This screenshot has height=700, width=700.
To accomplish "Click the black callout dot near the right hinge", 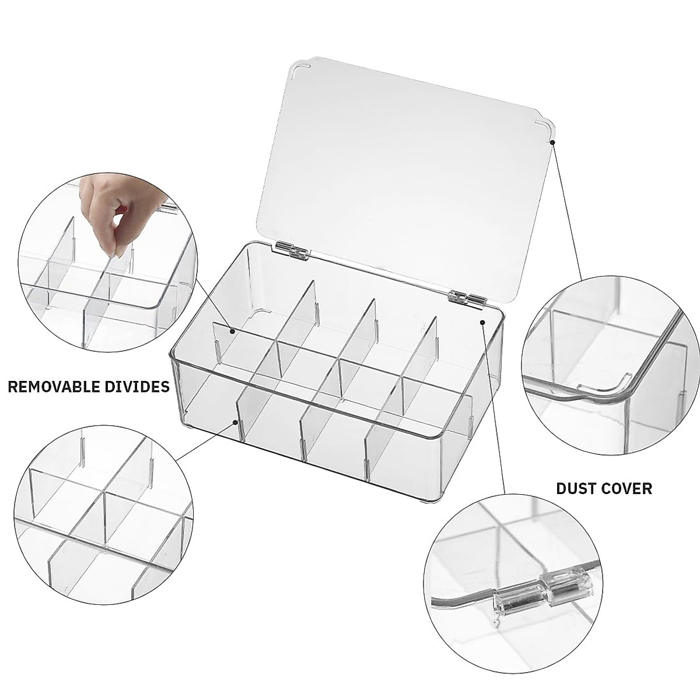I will [x=482, y=322].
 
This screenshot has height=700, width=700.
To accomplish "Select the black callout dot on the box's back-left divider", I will [x=232, y=331].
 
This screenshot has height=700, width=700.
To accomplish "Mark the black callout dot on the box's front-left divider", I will [x=236, y=421].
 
